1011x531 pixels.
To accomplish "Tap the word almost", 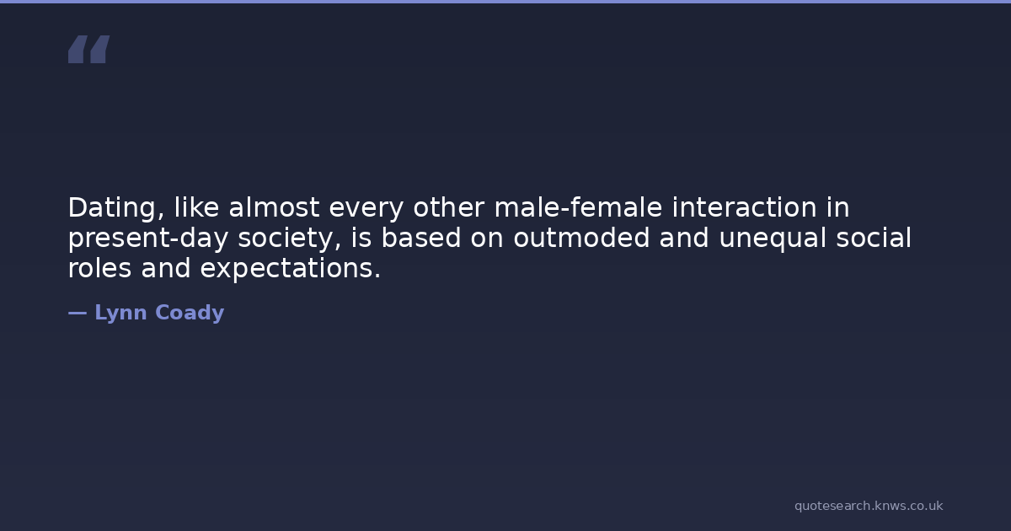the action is tap(274, 207).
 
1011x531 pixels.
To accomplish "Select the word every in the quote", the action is tap(366, 210).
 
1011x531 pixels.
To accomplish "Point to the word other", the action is tap(448, 207).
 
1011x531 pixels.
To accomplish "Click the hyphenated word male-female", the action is tap(578, 207).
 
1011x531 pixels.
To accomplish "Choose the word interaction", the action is tap(744, 207).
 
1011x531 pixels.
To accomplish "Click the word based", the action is tap(421, 238).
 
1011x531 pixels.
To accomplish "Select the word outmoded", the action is tap(581, 238).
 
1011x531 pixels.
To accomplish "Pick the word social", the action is tap(874, 238).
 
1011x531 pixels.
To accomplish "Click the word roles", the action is tap(99, 268).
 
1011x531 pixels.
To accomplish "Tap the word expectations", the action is tap(290, 269).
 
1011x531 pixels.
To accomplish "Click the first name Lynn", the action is tap(120, 313).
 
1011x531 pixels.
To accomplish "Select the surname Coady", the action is tap(190, 313).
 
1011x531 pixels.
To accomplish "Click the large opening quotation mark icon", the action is tap(89, 49).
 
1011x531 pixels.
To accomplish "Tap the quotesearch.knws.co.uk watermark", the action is tap(869, 507).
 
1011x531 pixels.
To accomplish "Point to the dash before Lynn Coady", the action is tap(78, 313).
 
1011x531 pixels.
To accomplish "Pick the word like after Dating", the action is tap(196, 207).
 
